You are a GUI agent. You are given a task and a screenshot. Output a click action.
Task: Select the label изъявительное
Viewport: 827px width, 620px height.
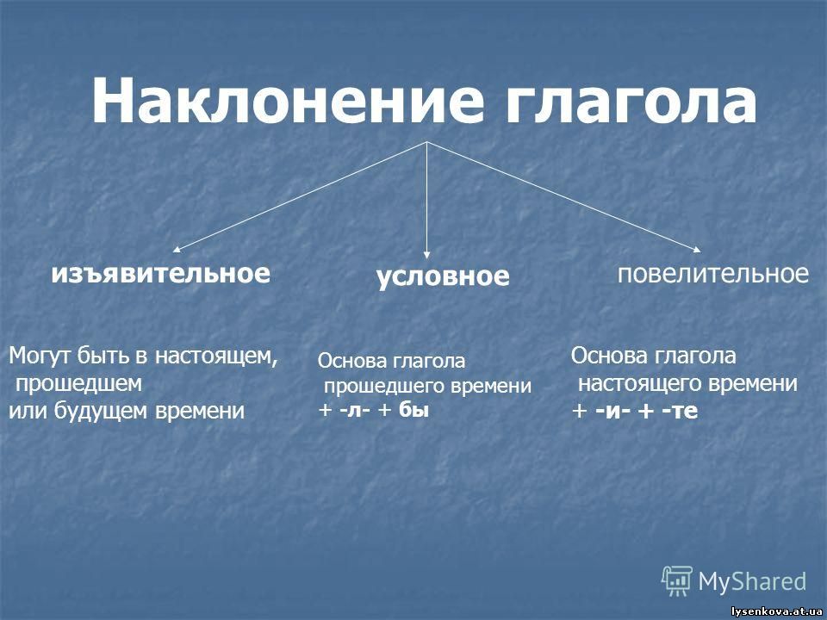click(161, 273)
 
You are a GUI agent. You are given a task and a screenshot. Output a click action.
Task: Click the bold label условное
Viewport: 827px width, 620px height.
click(443, 276)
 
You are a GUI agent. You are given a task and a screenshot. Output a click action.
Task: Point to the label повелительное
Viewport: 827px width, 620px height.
click(713, 274)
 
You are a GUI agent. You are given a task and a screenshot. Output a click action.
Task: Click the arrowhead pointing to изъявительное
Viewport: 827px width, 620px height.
click(177, 250)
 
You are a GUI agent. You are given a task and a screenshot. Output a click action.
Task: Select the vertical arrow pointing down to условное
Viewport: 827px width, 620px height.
click(426, 201)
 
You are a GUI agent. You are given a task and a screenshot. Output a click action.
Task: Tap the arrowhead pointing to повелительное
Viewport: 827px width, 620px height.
click(697, 250)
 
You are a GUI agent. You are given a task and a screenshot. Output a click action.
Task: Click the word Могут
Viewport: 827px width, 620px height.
click(40, 356)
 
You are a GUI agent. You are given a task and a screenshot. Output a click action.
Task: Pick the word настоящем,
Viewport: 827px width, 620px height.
click(216, 356)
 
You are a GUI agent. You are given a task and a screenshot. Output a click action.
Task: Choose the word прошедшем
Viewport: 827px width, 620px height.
click(78, 384)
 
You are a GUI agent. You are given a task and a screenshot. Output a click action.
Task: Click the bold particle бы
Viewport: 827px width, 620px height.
click(414, 409)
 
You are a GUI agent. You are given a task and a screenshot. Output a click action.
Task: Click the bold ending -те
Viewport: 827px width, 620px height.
click(680, 412)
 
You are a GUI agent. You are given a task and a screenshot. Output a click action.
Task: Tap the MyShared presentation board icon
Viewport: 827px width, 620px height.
click(677, 581)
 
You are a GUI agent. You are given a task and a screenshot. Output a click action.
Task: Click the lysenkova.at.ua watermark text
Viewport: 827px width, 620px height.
click(777, 611)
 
